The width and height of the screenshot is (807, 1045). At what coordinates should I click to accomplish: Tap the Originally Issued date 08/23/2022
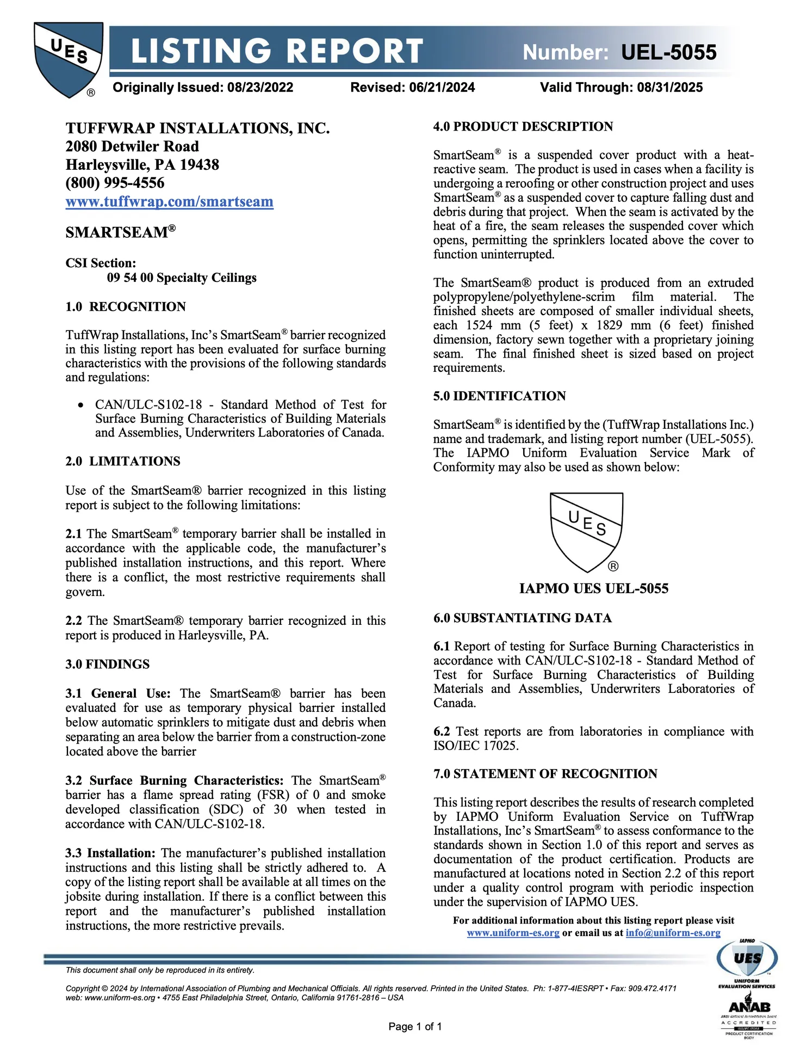pyautogui.click(x=260, y=88)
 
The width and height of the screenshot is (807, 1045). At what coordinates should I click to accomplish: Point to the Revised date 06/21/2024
pyautogui.click(x=443, y=88)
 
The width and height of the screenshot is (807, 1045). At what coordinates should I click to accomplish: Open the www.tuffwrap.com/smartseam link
pyautogui.click(x=169, y=202)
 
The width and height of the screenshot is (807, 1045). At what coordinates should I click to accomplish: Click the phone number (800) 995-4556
pyautogui.click(x=115, y=183)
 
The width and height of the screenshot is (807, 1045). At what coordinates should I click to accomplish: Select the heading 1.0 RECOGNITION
pyautogui.click(x=126, y=307)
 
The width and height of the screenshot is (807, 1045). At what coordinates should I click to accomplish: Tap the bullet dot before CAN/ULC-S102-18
pyautogui.click(x=81, y=405)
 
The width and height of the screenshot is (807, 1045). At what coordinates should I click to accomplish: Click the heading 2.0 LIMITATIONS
pyautogui.click(x=123, y=462)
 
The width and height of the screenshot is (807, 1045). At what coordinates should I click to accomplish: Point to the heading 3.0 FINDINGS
pyautogui.click(x=108, y=665)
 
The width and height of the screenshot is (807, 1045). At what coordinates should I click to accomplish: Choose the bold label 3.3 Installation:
pyautogui.click(x=111, y=853)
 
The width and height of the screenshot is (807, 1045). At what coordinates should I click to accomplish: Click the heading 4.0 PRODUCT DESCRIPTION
pyautogui.click(x=523, y=127)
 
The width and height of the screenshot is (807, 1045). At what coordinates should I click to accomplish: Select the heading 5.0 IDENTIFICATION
pyautogui.click(x=499, y=396)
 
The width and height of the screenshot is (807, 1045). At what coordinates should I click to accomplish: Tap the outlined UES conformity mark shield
pyautogui.click(x=586, y=531)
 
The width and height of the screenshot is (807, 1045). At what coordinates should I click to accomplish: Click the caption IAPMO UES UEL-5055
pyautogui.click(x=594, y=588)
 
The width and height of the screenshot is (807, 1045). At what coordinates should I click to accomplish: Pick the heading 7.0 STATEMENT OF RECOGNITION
pyautogui.click(x=545, y=774)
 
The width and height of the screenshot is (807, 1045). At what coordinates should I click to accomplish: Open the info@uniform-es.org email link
pyautogui.click(x=673, y=933)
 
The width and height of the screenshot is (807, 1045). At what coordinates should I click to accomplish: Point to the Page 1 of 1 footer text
pyautogui.click(x=415, y=1027)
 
